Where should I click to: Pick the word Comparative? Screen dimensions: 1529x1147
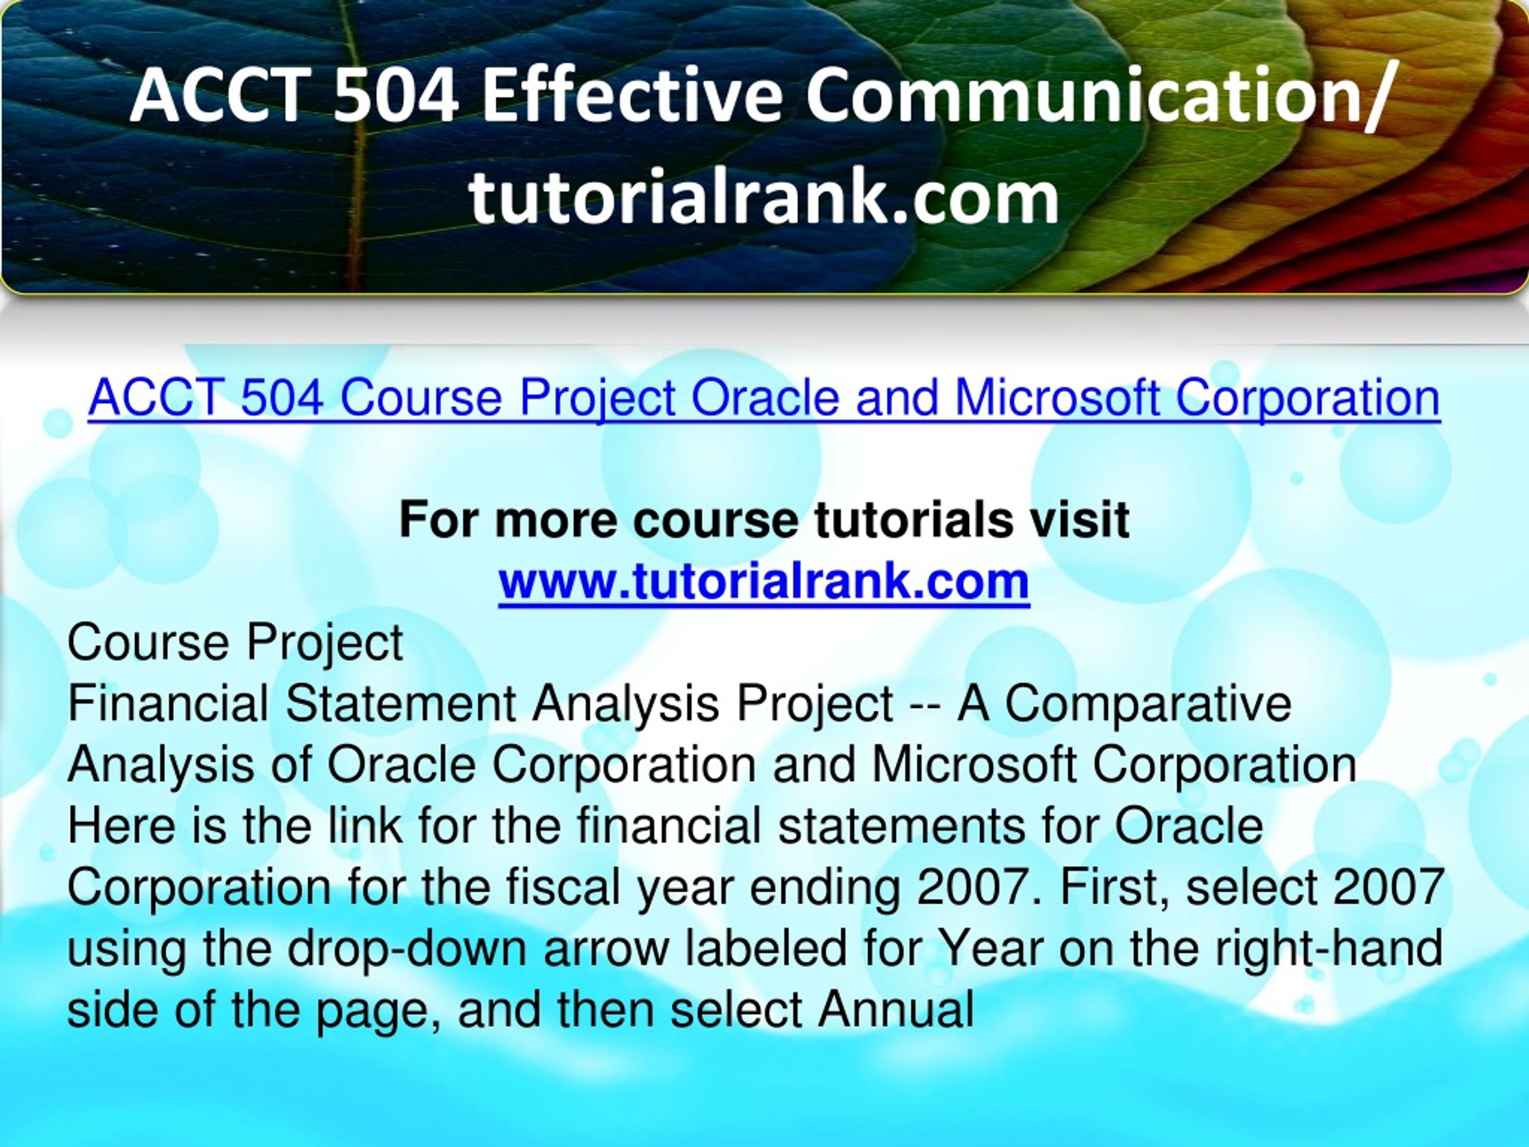point(1147,703)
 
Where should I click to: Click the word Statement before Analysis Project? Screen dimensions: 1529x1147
point(401,703)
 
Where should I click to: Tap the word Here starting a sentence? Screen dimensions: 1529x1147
point(122,826)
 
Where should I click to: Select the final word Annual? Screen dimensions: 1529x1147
point(896,1010)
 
